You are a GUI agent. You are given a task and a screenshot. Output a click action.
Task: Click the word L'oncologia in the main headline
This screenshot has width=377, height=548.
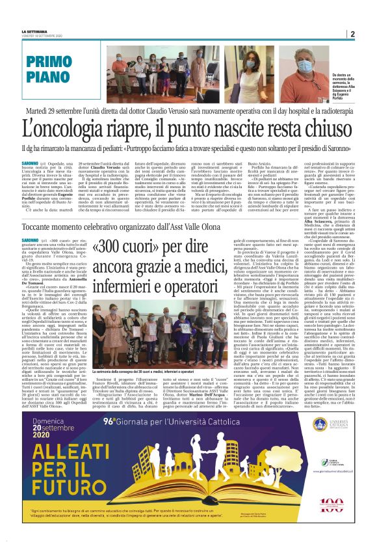[x=61, y=126]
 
